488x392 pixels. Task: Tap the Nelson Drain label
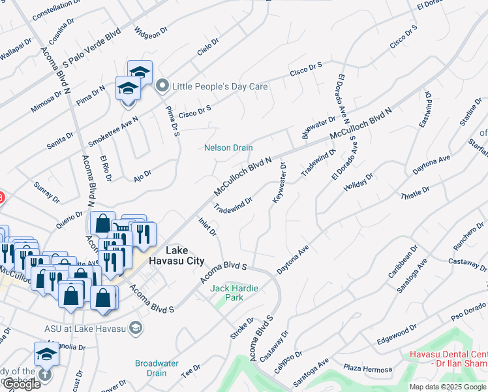click(228, 148)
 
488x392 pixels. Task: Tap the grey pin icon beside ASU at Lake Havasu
click(136, 327)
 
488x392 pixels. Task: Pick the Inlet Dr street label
click(207, 225)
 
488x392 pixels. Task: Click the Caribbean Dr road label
click(403, 261)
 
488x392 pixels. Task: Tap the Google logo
click(22, 384)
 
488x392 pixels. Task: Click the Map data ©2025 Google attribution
click(448, 387)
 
